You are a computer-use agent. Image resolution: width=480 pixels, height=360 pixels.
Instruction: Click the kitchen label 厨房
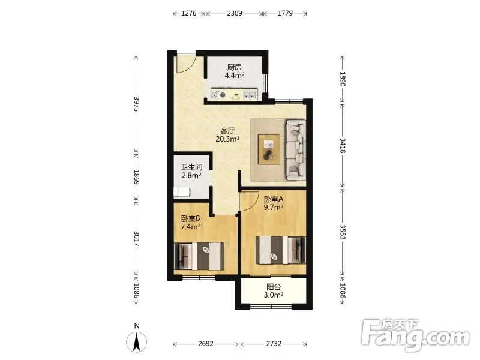[234, 67]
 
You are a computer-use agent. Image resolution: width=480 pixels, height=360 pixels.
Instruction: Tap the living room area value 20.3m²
[227, 139]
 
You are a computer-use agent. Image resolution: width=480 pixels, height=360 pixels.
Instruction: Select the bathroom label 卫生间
[191, 167]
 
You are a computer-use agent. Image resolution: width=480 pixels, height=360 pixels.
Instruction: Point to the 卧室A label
[274, 199]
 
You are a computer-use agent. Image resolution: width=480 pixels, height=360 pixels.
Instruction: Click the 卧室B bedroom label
[190, 218]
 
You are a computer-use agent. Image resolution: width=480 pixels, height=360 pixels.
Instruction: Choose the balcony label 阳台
[274, 287]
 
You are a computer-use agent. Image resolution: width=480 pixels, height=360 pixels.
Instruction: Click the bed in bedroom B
[199, 256]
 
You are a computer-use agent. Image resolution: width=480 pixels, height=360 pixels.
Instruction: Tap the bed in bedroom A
[281, 250]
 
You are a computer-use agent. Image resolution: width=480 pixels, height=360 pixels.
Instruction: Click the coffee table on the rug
[269, 149]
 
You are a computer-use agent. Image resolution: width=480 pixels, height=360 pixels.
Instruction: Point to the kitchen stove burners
[219, 95]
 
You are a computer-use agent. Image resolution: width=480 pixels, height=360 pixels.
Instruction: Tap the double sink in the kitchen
[250, 95]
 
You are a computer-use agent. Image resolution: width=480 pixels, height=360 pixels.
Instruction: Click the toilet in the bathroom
[182, 192]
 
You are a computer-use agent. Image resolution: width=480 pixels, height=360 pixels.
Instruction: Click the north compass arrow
[137, 341]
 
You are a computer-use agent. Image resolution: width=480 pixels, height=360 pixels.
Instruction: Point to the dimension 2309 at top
[235, 13]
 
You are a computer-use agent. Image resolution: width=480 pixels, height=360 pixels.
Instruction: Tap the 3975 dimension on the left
[137, 104]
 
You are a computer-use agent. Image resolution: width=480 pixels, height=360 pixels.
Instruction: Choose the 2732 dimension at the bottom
[274, 344]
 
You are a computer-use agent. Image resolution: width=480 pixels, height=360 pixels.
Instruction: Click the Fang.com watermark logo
[415, 335]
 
